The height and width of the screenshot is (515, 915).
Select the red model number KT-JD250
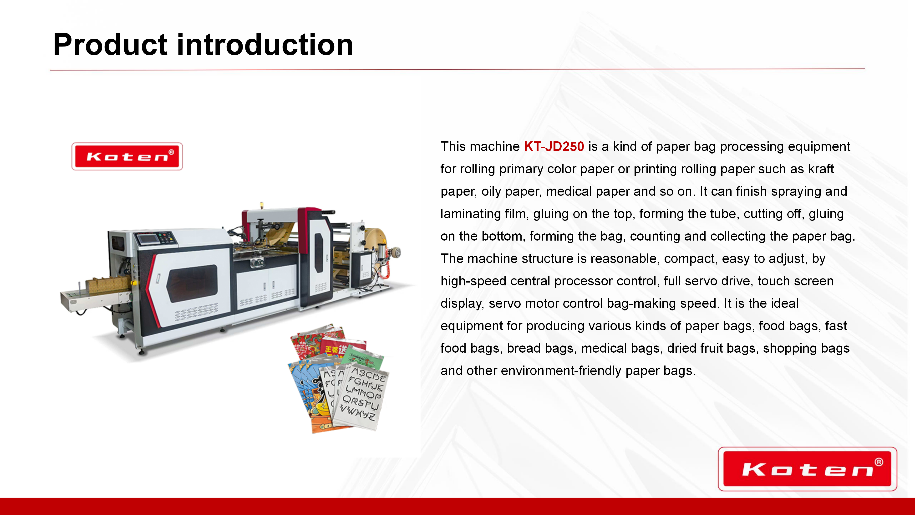[554, 146]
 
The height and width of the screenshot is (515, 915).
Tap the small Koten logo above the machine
[127, 156]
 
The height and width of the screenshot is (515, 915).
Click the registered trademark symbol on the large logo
[879, 462]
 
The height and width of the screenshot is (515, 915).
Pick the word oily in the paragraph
[491, 191]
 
